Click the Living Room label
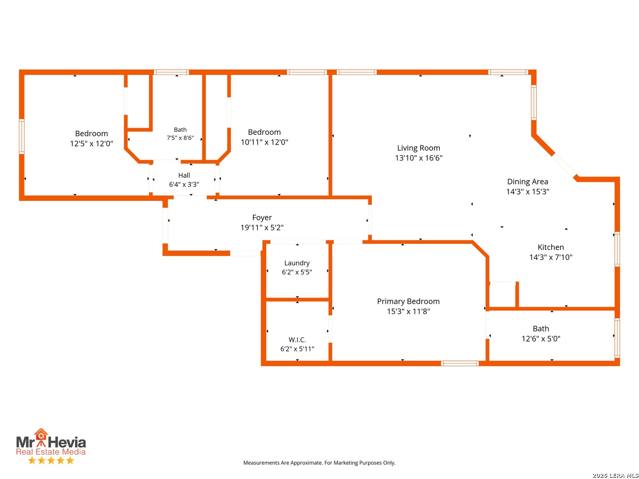[x=418, y=148]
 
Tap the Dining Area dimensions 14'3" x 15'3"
[x=527, y=191]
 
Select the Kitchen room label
[x=550, y=247]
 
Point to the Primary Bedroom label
[x=408, y=301]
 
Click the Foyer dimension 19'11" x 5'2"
[x=262, y=227]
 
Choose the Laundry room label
[x=297, y=263]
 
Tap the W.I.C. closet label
[x=297, y=339]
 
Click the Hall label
[x=184, y=175]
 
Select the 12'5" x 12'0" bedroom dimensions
[x=91, y=143]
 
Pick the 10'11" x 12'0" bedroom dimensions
[x=264, y=142]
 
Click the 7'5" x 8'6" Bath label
[x=180, y=130]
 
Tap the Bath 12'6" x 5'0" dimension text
[x=540, y=338]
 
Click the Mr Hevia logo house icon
[x=41, y=435]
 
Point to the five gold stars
[x=51, y=460]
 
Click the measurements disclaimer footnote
[x=319, y=463]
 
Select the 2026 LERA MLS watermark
[x=615, y=475]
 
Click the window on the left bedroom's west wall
[x=22, y=136]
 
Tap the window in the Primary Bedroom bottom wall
[x=459, y=363]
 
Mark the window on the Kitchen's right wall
[x=617, y=249]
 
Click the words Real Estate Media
[x=51, y=452]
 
